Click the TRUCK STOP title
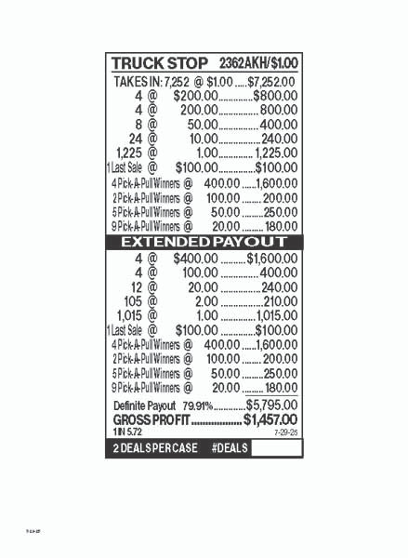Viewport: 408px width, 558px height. pyautogui.click(x=159, y=63)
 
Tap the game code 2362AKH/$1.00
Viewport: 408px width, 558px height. pyautogui.click(x=258, y=63)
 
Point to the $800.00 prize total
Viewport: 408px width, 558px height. pyautogui.click(x=274, y=96)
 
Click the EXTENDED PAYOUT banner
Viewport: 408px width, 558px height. pyautogui.click(x=204, y=242)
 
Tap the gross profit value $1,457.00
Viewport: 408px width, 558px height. pyautogui.click(x=270, y=420)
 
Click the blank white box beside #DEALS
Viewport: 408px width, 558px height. pyautogui.click(x=276, y=449)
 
